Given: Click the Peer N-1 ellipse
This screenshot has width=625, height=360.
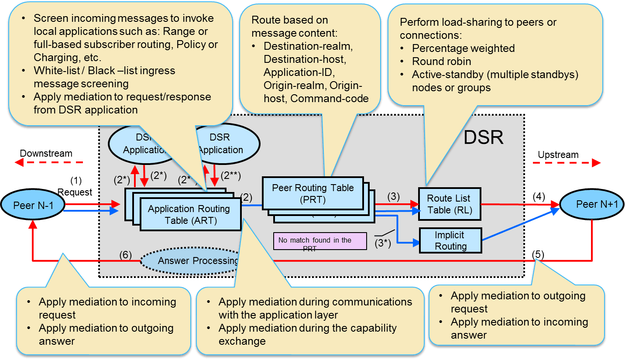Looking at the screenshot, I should (33, 205).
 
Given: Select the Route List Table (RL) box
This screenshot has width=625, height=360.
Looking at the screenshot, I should (449, 204).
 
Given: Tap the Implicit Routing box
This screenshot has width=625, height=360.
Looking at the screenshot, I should (450, 240).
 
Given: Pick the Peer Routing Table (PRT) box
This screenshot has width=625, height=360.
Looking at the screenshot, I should (312, 193).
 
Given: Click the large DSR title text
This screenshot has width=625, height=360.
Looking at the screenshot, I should (483, 137).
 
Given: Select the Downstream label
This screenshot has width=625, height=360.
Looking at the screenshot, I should (46, 154).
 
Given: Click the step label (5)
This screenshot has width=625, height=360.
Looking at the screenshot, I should (538, 254).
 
